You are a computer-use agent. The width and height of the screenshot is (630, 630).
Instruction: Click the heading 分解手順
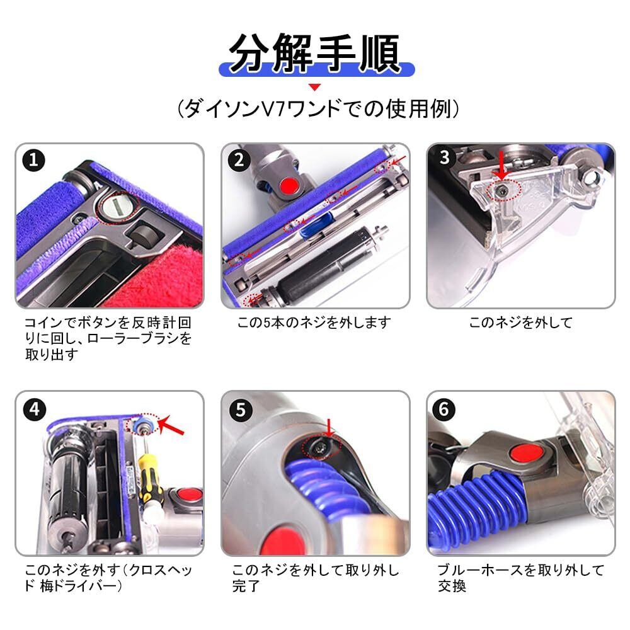[314, 53]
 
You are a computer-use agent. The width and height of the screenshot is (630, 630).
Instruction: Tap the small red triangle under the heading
[315, 87]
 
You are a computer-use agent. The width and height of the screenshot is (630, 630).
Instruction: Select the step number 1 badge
[34, 160]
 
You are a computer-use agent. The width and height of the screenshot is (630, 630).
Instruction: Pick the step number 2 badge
[239, 160]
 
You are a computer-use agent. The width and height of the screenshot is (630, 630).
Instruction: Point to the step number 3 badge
[444, 157]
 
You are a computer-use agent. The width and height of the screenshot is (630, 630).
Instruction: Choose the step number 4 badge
[34, 409]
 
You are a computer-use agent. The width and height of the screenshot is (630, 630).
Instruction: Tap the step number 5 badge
[240, 409]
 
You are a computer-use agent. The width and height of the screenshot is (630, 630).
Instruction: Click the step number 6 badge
[444, 409]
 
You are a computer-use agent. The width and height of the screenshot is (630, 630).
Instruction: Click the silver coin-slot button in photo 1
[117, 207]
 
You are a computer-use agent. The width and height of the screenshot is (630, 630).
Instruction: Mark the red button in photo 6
[526, 453]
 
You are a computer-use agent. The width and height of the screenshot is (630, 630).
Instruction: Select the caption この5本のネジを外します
[314, 323]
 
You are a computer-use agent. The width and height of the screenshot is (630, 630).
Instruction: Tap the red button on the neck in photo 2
[289, 186]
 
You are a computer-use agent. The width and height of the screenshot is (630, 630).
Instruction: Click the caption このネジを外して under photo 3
[521, 323]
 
